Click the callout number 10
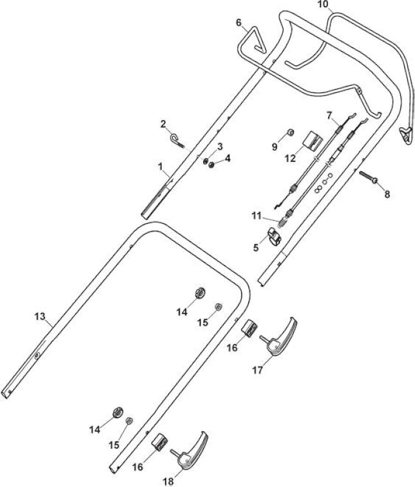323,4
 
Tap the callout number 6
239,23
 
